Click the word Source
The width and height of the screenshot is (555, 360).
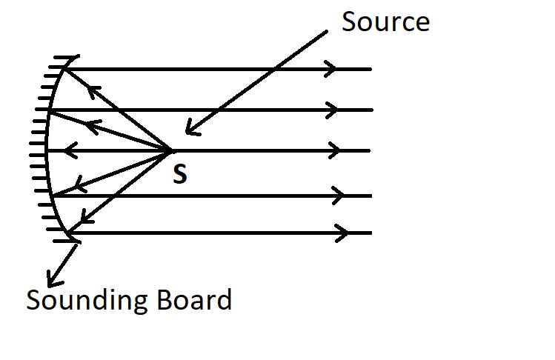coord(385,21)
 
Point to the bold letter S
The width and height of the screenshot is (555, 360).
coord(179,176)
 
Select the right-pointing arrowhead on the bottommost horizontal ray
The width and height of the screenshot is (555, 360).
coord(343,233)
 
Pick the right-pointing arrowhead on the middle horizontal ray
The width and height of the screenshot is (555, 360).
coord(335,151)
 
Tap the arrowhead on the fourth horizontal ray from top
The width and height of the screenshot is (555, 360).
coord(339,196)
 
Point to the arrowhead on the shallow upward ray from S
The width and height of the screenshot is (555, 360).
coord(92,125)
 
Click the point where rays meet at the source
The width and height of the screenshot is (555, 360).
coord(171,151)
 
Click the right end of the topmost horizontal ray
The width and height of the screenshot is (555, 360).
coord(370,69)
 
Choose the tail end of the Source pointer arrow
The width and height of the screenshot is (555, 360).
coord(326,31)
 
